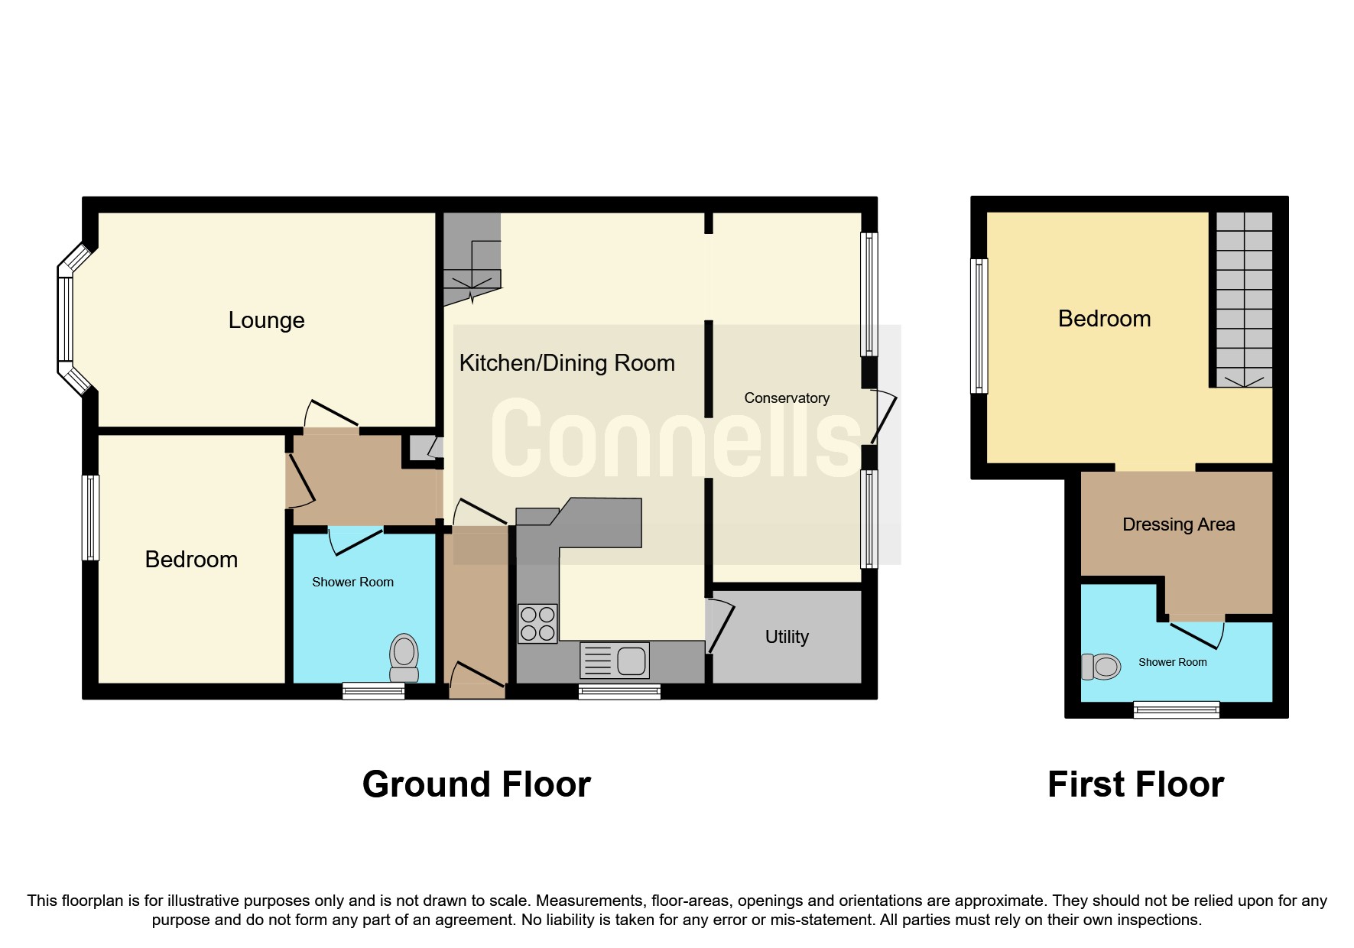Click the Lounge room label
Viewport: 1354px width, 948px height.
coord(266,320)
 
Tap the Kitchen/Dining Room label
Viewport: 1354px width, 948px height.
coord(567,363)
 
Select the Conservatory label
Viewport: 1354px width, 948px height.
coord(787,398)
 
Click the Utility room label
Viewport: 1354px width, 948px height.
coord(787,637)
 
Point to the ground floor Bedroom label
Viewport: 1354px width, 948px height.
coord(191,560)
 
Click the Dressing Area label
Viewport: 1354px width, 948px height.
coord(1178,524)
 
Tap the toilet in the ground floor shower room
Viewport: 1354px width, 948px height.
coord(404,657)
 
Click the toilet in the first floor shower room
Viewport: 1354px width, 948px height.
coord(1102,667)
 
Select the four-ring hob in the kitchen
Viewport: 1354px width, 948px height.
coord(537,623)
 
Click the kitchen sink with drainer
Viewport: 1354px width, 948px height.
coord(615,661)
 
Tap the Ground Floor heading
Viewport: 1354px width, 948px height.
coord(476,784)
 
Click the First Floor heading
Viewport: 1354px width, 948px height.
coord(1135,784)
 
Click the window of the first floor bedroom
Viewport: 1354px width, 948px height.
coord(979,326)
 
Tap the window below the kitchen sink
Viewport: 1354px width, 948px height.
coord(619,692)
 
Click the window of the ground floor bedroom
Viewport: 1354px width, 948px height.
coord(90,518)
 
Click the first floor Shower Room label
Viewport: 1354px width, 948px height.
coord(1172,663)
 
